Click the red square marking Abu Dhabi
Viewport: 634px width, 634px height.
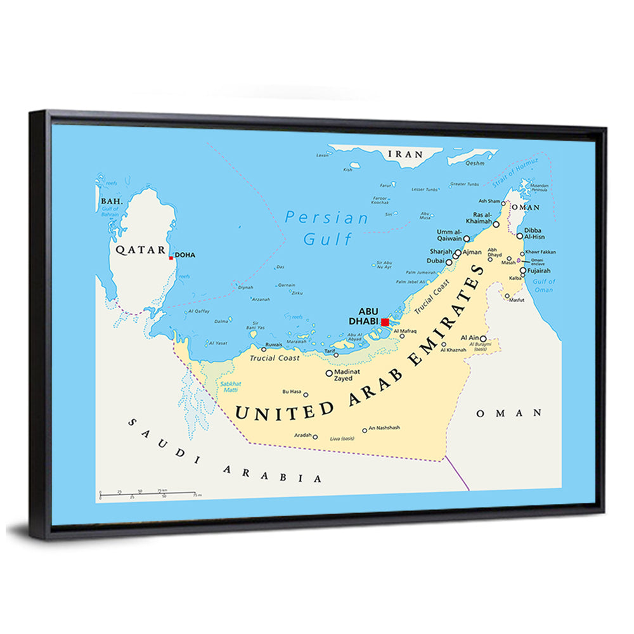[385, 322]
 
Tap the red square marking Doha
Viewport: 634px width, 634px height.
[171, 258]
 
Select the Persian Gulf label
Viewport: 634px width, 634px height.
[327, 228]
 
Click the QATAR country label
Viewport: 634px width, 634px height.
[140, 250]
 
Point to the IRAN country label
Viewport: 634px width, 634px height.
[404, 153]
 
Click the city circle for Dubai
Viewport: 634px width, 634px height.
[449, 261]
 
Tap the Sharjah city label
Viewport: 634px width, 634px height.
[439, 251]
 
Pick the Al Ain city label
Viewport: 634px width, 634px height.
[469, 338]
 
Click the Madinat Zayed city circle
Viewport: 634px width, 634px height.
[328, 373]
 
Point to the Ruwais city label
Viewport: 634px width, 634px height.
[273, 346]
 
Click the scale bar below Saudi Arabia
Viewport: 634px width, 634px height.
[150, 493]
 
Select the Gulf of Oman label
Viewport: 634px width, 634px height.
[543, 285]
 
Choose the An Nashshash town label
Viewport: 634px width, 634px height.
[384, 428]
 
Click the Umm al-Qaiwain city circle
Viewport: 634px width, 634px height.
[467, 239]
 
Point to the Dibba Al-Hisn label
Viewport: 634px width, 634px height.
[535, 233]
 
